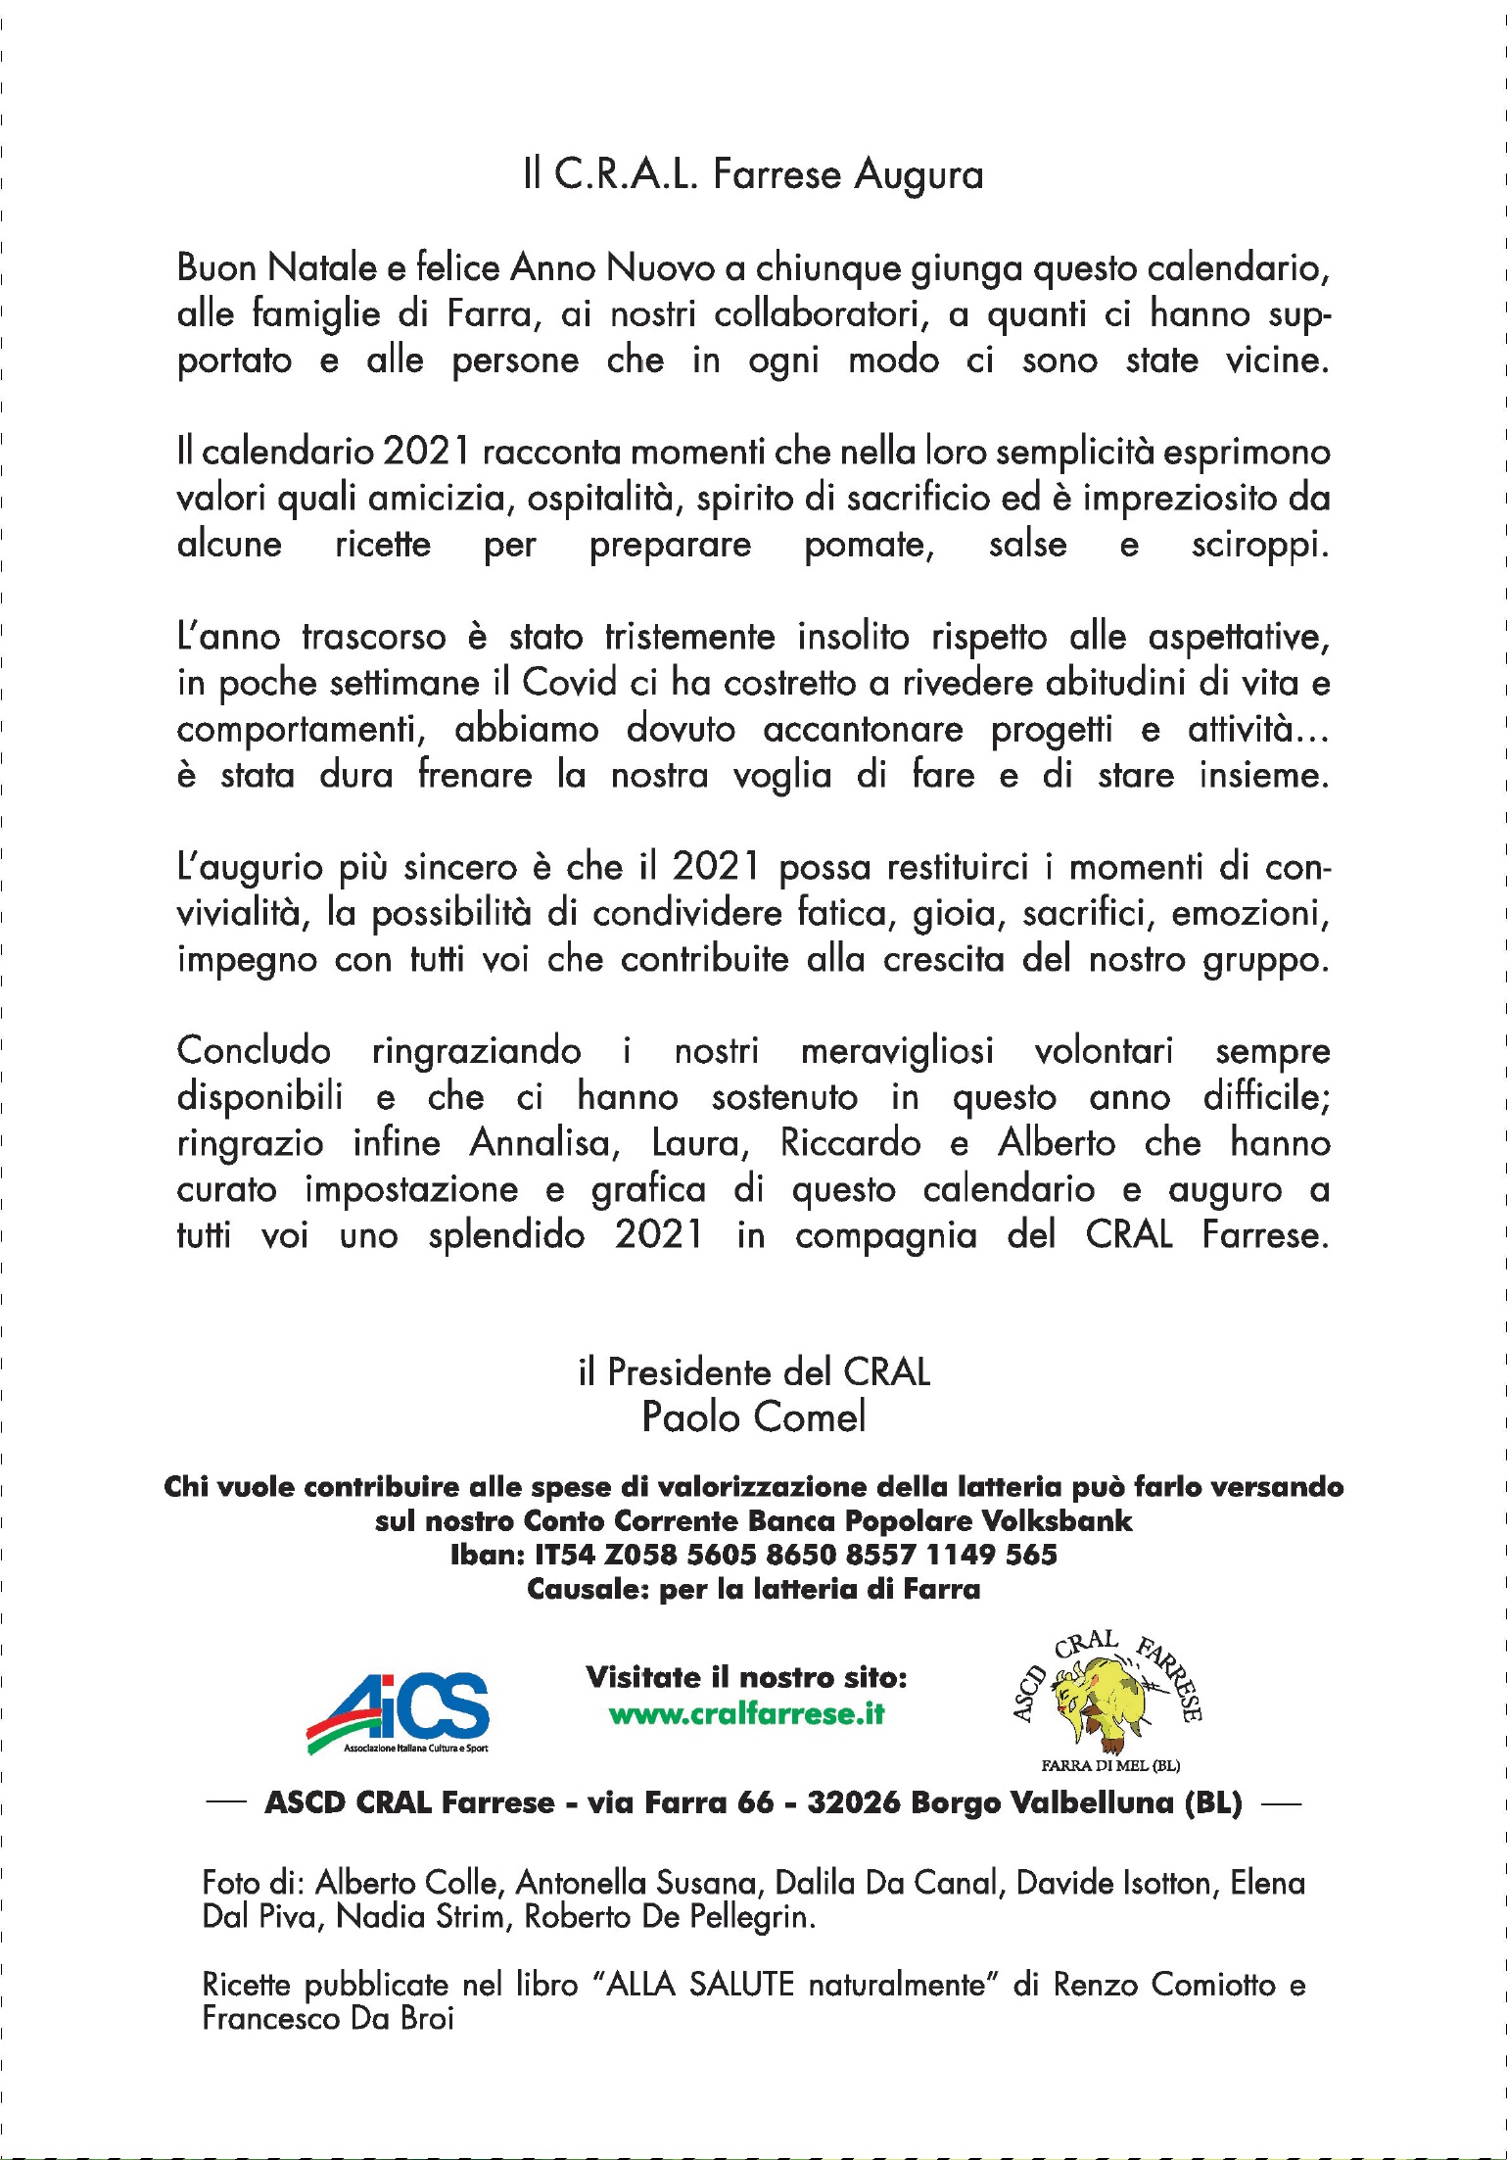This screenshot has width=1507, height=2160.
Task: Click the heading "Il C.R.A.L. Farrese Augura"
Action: pos(753,174)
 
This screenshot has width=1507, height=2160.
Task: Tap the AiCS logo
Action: pos(400,1712)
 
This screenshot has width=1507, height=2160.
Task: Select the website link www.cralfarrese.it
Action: pos(746,1713)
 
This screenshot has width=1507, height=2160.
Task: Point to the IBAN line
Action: pos(753,1555)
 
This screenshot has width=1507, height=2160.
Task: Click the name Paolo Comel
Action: pos(753,1416)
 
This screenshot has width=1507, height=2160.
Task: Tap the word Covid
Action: pos(570,682)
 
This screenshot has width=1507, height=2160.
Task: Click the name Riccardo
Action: pos(850,1142)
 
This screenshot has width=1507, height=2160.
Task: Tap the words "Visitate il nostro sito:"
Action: pos(746,1677)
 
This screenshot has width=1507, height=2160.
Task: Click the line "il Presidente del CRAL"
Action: pos(753,1371)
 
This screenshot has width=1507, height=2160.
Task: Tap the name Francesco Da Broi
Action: pos(328,2018)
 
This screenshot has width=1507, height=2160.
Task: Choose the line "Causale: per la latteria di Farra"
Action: pos(753,1589)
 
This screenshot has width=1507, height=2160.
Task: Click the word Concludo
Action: pos(254,1050)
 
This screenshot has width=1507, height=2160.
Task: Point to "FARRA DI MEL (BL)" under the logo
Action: pos(1109,1765)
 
